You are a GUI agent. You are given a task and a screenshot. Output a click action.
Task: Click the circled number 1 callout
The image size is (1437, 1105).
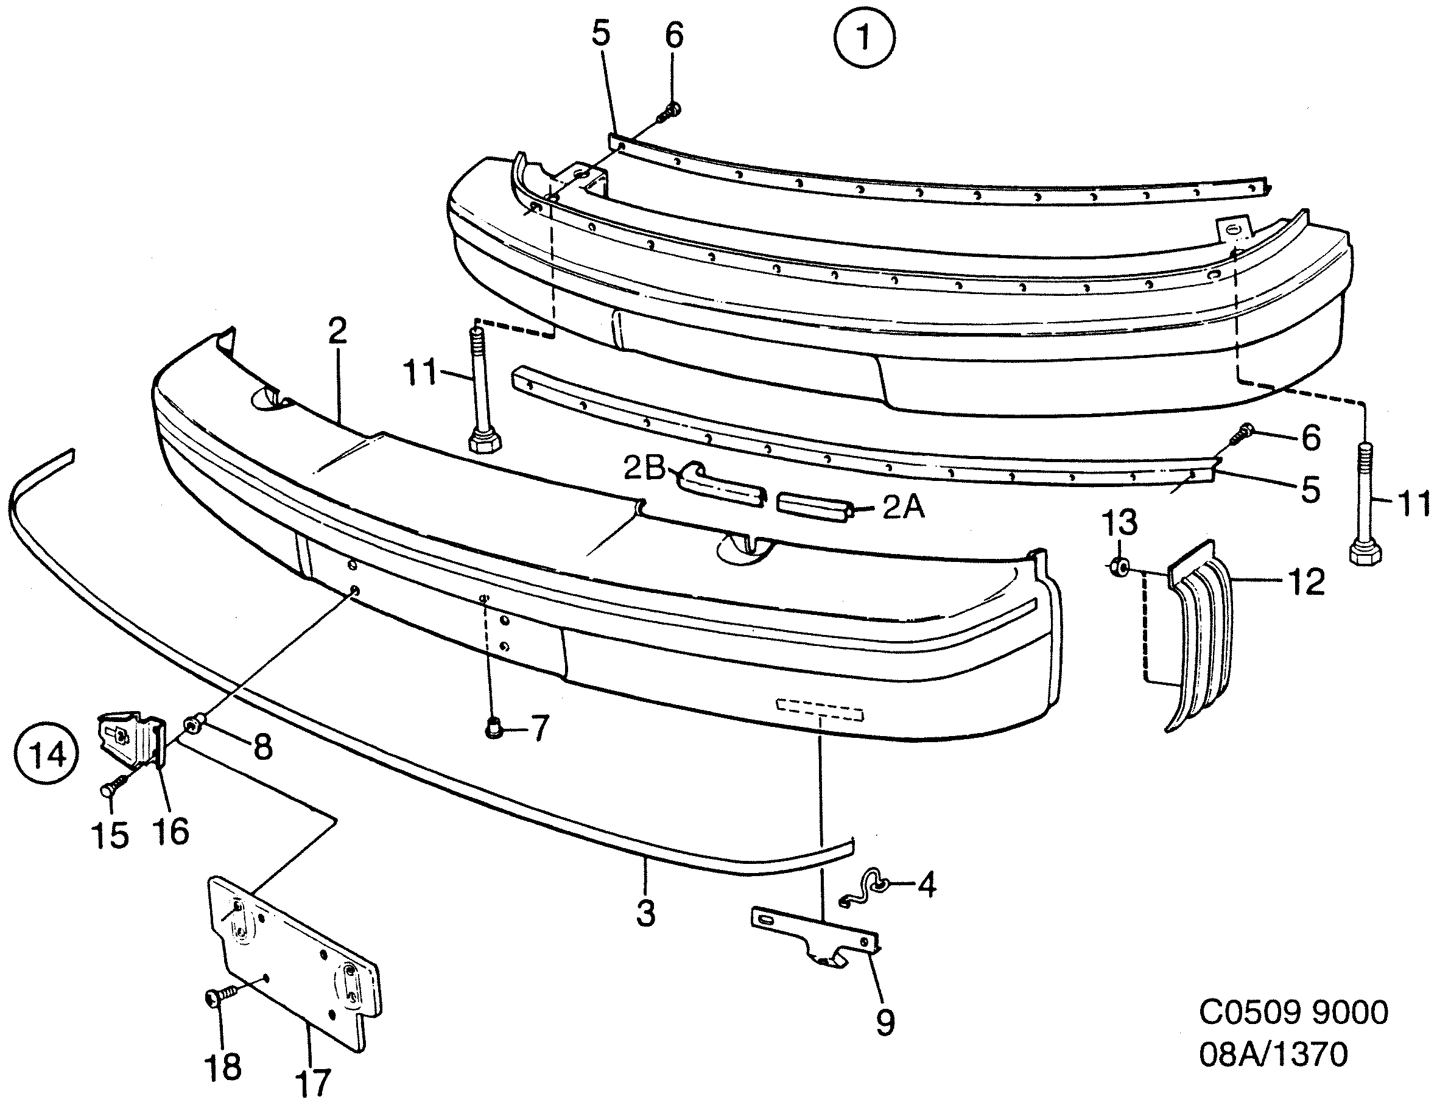[x=863, y=38]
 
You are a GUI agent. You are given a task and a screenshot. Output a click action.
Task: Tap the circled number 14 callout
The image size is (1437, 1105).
[x=48, y=754]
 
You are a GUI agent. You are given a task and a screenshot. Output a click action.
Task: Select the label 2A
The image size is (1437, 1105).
[x=903, y=507]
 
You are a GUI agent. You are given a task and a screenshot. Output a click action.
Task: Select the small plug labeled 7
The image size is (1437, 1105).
[x=493, y=729]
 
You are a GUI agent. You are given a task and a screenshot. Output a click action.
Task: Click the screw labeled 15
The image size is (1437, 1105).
[x=111, y=785]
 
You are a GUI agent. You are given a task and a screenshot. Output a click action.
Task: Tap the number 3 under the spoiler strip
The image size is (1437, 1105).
[x=645, y=914]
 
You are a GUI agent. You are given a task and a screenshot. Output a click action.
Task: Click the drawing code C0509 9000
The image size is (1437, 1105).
[x=1293, y=1012]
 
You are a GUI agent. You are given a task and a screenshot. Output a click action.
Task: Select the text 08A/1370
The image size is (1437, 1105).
[x=1273, y=1054]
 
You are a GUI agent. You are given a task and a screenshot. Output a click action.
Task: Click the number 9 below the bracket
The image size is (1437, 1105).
[x=885, y=1022]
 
